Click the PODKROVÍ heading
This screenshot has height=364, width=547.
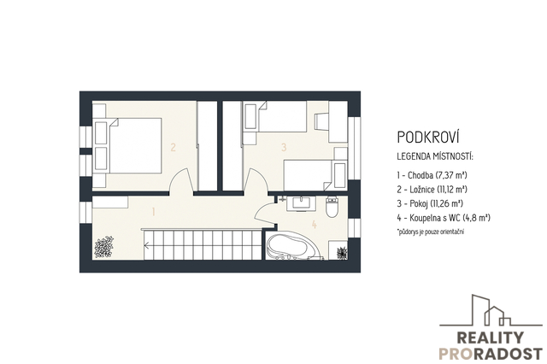tap(428, 137)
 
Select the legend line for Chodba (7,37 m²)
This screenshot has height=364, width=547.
tap(432, 175)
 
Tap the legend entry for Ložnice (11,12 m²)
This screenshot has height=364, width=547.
tap(432, 190)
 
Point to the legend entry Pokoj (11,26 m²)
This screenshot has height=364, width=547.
tap(430, 203)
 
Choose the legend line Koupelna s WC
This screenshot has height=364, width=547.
tap(444, 218)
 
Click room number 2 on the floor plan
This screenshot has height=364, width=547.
tap(173, 147)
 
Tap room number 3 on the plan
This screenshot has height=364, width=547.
tap(284, 147)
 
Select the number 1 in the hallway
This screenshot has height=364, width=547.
tap(153, 211)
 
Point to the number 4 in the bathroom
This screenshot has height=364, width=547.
tap(315, 225)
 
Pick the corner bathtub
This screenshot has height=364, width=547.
tap(292, 245)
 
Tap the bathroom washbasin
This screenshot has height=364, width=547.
tap(301, 203)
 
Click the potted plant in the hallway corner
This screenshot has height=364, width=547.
tap(104, 247)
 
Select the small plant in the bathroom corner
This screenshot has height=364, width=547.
tap(342, 253)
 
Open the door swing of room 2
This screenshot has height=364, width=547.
tap(181, 180)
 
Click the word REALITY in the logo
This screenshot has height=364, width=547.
tap(490, 338)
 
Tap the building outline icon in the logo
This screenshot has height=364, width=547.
tap(491, 310)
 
